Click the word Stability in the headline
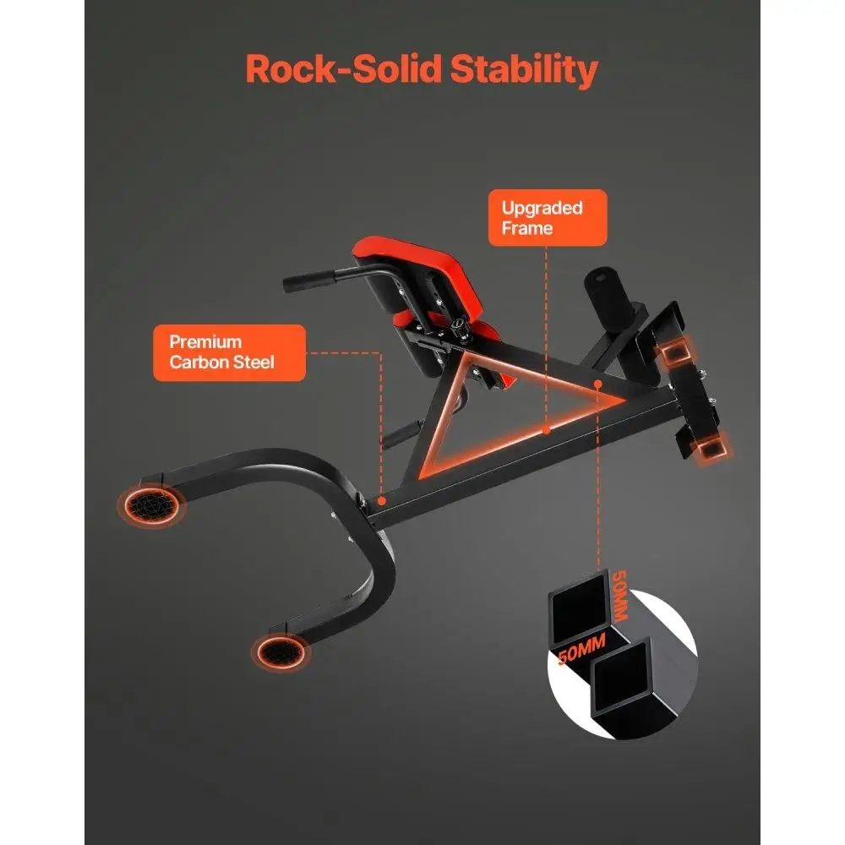click(x=524, y=70)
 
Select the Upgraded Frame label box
click(x=548, y=218)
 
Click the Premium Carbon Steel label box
click(x=230, y=352)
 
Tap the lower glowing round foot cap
click(x=280, y=651)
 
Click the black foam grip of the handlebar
click(x=308, y=281)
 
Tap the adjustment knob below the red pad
click(x=461, y=328)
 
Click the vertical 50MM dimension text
click(x=619, y=595)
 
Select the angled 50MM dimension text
click(x=581, y=648)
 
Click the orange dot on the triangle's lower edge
click(x=546, y=430)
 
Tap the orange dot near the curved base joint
click(x=382, y=500)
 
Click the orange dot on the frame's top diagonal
click(x=597, y=384)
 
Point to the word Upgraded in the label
click(x=542, y=209)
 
